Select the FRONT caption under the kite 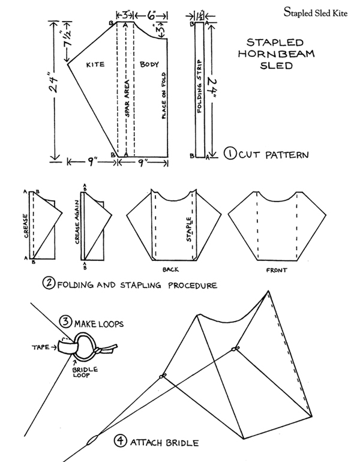click(277, 269)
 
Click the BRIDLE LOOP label click(85, 368)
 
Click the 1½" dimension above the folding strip click(200, 12)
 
